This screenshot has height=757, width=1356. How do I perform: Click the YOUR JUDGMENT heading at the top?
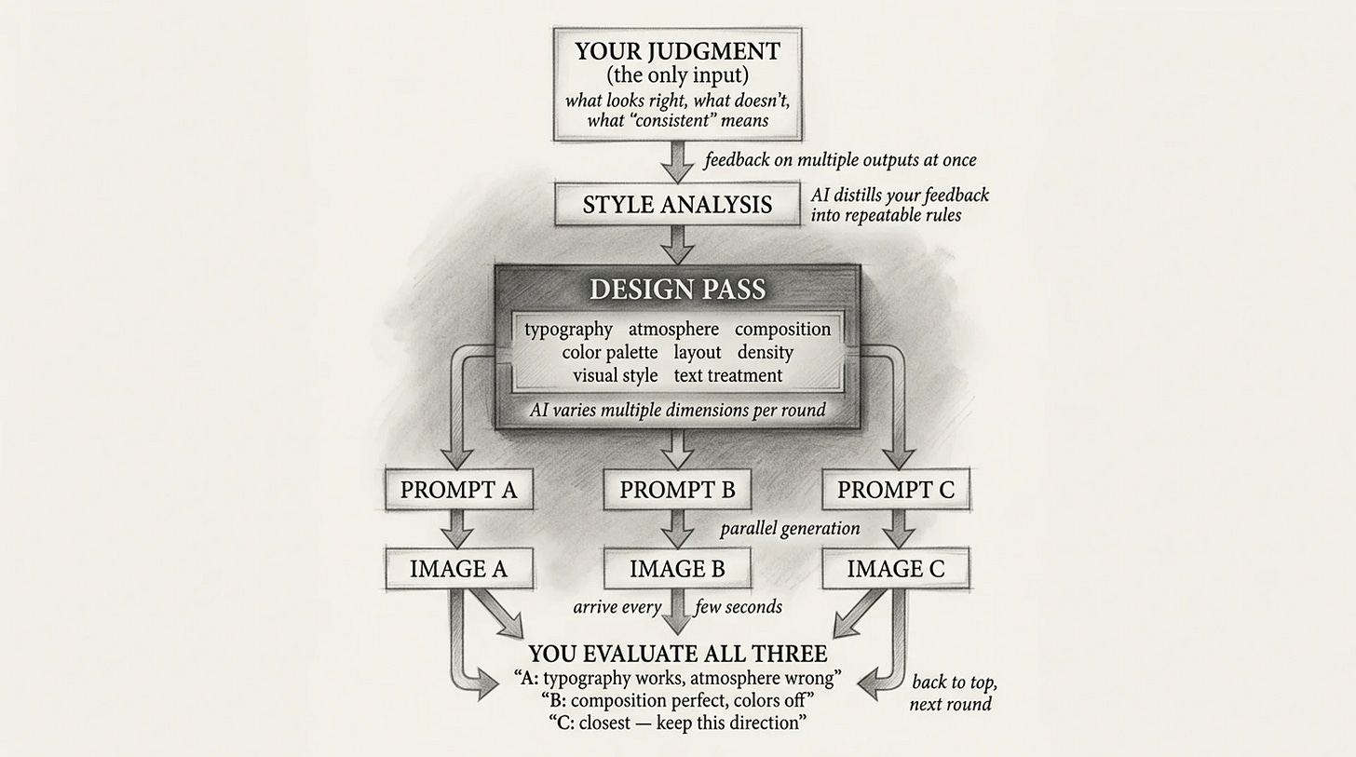[x=677, y=51]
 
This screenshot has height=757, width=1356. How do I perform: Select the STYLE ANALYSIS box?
[x=677, y=205]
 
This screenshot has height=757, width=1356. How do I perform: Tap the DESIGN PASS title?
[x=677, y=289]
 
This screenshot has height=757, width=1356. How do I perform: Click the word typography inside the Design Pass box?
[x=568, y=330]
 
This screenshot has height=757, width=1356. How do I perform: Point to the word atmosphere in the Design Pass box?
[x=673, y=330]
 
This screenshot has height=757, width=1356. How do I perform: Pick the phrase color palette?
[x=609, y=353]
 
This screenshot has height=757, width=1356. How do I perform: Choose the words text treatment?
[x=728, y=376]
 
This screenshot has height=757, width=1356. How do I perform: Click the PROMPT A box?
[x=458, y=490]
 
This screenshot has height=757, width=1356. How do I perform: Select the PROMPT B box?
[x=677, y=490]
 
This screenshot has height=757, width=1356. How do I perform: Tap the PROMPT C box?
[x=895, y=490]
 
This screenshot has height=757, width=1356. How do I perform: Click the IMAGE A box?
[x=458, y=569]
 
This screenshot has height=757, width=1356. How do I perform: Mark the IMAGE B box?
[x=677, y=569]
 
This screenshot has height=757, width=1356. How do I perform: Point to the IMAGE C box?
[x=895, y=569]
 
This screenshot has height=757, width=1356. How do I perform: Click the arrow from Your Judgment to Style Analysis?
[x=677, y=161]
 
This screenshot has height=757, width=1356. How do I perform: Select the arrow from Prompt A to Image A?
[x=457, y=529]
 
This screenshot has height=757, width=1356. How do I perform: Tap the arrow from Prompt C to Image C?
[x=896, y=529]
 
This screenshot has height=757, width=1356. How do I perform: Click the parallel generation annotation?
[x=790, y=529]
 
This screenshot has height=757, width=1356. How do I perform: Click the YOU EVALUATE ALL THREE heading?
[x=677, y=654]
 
